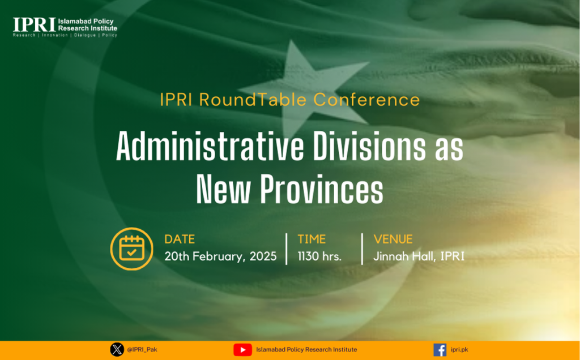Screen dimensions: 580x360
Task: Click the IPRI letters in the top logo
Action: (x=34, y=25)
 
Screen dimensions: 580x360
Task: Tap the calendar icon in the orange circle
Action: (x=131, y=248)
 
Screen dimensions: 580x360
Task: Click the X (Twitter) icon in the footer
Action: (x=117, y=349)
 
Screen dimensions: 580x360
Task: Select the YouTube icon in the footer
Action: (x=242, y=350)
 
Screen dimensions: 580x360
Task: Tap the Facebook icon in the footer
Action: (x=440, y=350)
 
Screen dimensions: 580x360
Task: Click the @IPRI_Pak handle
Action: (x=142, y=350)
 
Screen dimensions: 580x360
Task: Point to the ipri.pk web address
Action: (x=459, y=350)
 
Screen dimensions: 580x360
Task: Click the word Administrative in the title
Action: (x=210, y=146)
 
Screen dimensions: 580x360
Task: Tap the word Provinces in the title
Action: (x=321, y=188)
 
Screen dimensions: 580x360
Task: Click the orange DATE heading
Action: (x=180, y=239)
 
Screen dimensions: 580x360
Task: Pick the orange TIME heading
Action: (x=312, y=239)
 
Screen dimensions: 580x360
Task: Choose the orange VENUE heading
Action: (x=393, y=239)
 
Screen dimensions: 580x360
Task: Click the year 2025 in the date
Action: (x=263, y=256)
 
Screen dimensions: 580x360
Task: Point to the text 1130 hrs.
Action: (x=319, y=256)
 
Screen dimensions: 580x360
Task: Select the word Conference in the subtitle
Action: (x=367, y=100)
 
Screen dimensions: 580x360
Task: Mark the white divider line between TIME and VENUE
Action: (x=362, y=248)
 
